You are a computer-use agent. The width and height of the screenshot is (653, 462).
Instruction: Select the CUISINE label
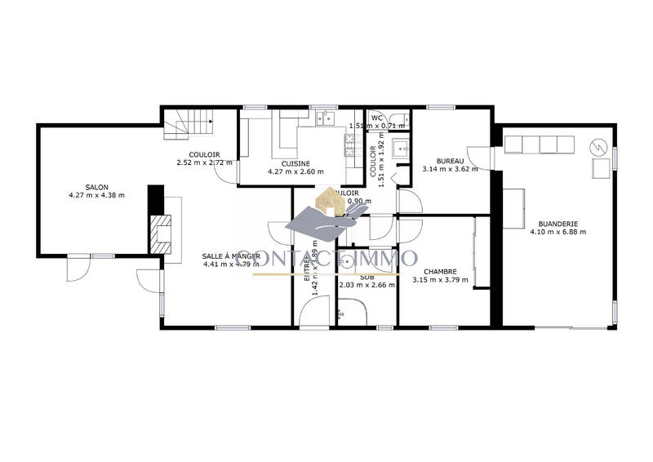[x=295, y=163]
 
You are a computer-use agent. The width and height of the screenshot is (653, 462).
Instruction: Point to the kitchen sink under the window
[x=324, y=119]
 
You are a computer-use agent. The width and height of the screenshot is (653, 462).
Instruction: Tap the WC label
[x=377, y=118]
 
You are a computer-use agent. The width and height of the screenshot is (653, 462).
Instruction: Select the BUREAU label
[x=450, y=160]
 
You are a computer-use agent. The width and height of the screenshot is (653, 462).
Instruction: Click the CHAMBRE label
[x=441, y=272]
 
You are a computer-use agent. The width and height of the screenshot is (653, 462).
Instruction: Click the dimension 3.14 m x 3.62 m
[x=450, y=169]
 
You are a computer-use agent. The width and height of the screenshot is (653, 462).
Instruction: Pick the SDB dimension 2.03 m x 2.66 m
[x=366, y=285]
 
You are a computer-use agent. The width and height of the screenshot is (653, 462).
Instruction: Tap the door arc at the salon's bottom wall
[x=79, y=268]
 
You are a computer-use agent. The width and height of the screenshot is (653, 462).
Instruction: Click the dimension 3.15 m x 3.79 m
[x=441, y=281]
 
